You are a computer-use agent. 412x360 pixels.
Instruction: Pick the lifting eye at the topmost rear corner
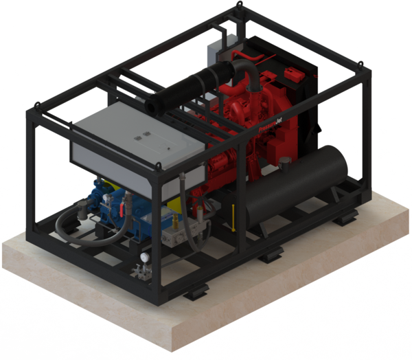point(238,5)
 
